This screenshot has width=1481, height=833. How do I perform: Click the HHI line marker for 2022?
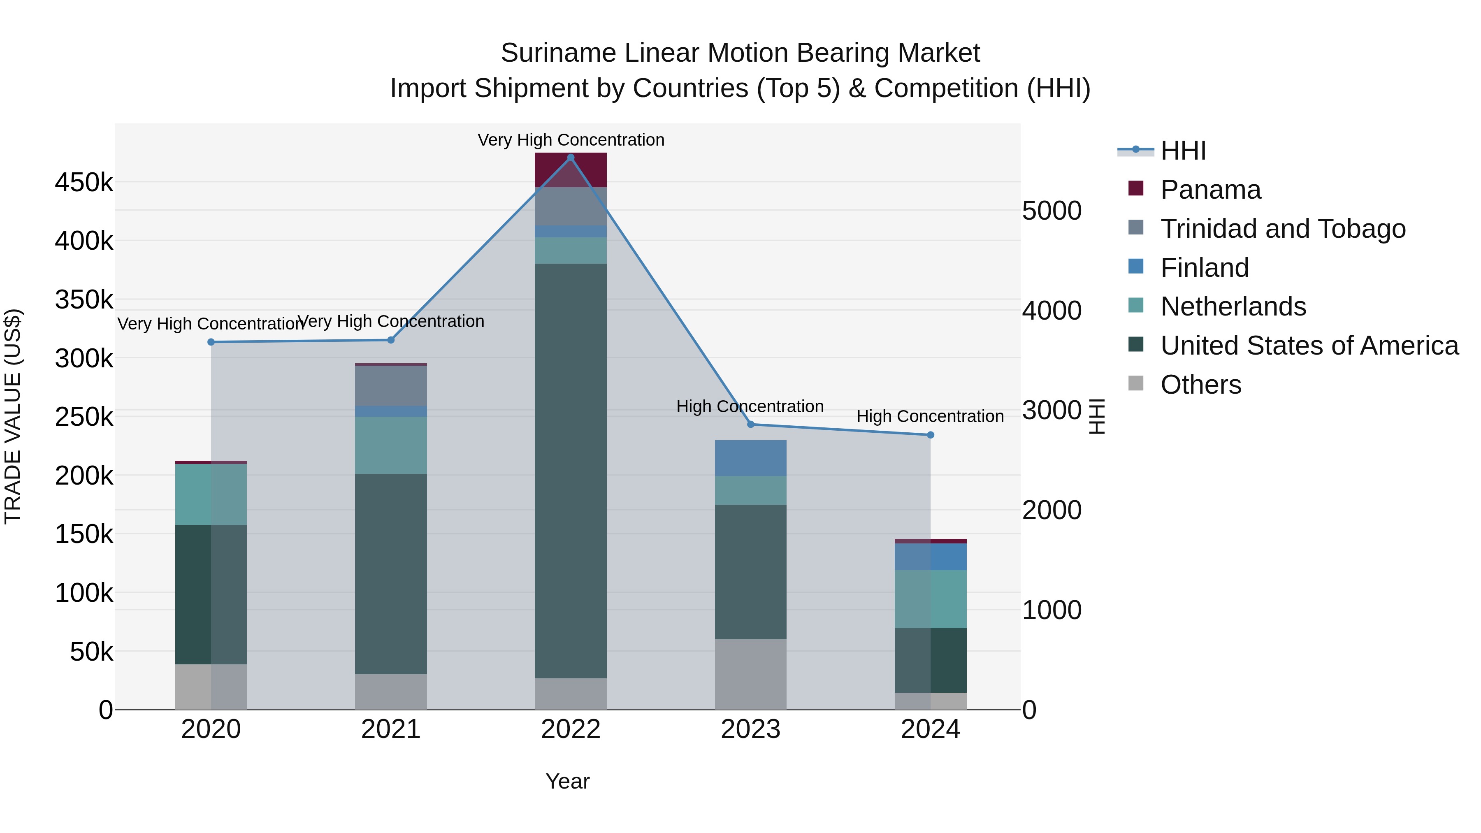point(570,158)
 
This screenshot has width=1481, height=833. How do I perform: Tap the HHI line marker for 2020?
point(211,342)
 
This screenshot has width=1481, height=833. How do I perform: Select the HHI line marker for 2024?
point(930,435)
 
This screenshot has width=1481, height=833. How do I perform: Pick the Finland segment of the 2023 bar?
point(750,458)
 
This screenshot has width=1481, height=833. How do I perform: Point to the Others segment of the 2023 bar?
point(750,674)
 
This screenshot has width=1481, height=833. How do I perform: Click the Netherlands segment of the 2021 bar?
point(391,445)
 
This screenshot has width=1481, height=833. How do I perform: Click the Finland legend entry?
point(1205,268)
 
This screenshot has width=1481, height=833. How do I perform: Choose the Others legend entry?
point(1200,385)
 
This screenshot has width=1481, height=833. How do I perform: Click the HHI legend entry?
point(1183,151)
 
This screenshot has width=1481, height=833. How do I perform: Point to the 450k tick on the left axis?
point(84,183)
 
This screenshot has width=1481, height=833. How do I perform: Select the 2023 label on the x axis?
point(750,729)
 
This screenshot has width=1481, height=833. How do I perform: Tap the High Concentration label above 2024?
point(930,416)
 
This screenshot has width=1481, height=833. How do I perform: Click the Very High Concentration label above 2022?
point(570,140)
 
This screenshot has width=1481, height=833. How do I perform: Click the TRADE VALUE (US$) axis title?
point(13,416)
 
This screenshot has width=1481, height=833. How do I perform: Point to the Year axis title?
point(567,781)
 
